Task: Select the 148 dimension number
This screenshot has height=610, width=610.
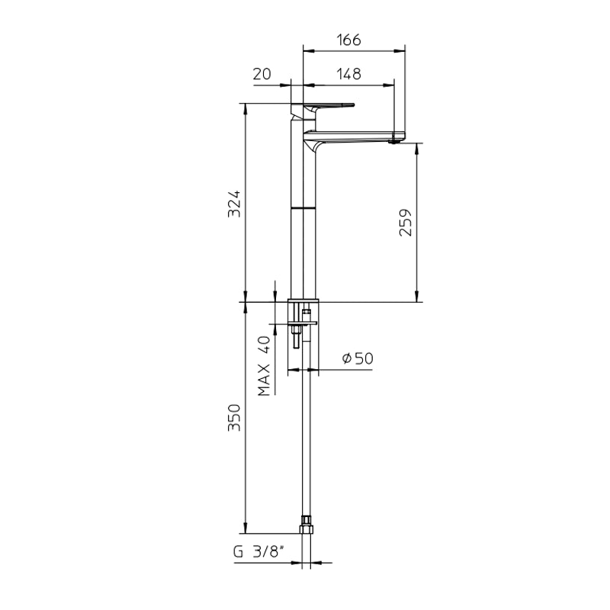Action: click(x=347, y=73)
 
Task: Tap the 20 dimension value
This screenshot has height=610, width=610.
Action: click(x=262, y=73)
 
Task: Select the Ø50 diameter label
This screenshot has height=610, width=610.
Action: click(x=357, y=358)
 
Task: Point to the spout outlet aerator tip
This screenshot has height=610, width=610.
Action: click(x=394, y=140)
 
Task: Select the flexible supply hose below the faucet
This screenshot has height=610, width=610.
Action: click(x=307, y=435)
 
